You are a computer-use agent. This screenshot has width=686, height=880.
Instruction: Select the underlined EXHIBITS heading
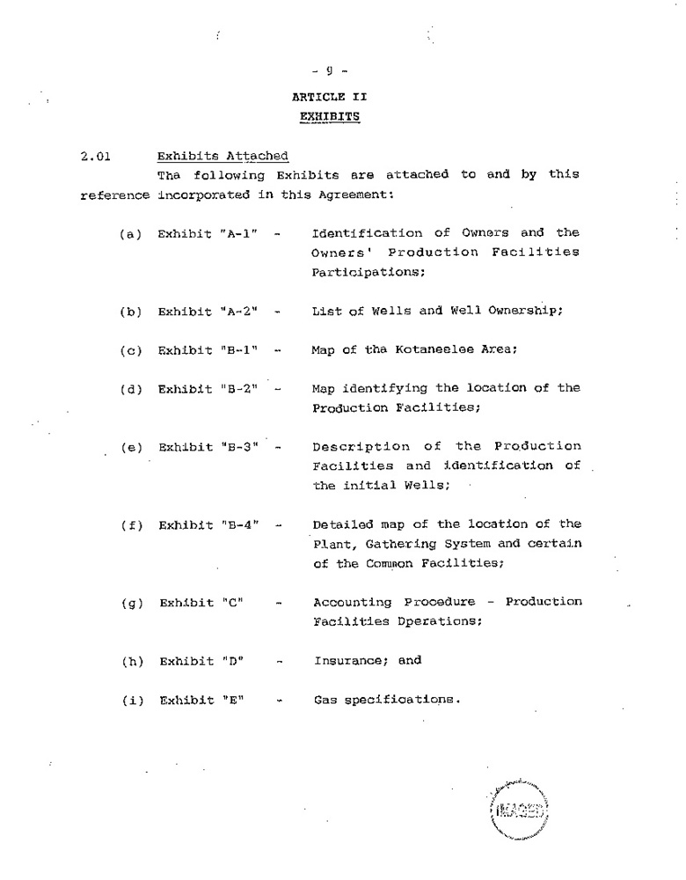(x=329, y=115)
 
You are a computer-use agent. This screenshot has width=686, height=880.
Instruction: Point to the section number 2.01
(x=93, y=158)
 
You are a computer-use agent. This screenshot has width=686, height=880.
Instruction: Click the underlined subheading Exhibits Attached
(x=223, y=157)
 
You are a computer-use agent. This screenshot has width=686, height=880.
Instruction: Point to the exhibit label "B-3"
(x=239, y=447)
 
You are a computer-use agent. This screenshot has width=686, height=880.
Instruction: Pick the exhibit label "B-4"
(x=239, y=526)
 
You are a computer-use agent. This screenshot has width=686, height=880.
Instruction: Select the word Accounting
(x=353, y=603)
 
